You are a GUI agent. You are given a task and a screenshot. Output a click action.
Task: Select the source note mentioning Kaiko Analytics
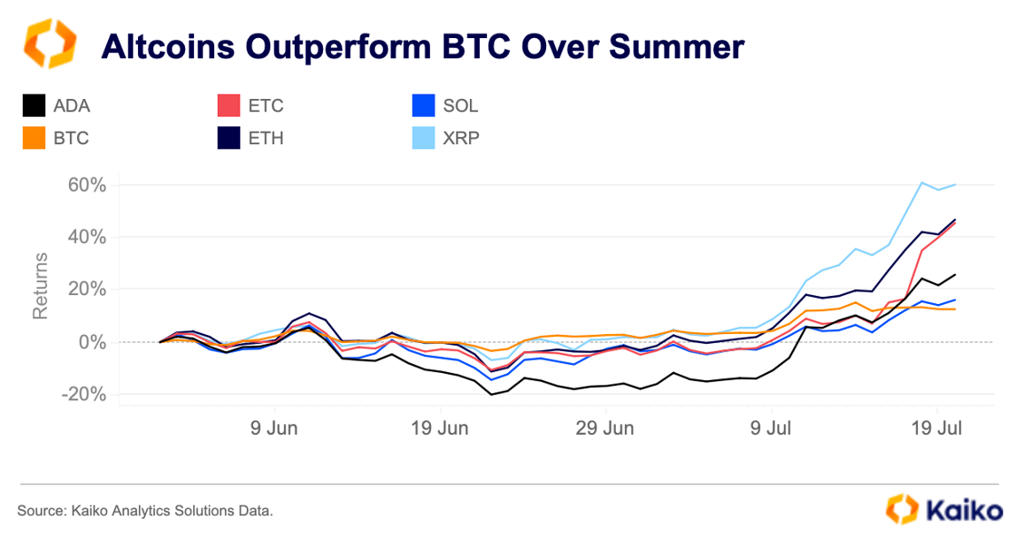144,511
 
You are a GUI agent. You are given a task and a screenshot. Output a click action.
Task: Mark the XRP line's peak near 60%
922,182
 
